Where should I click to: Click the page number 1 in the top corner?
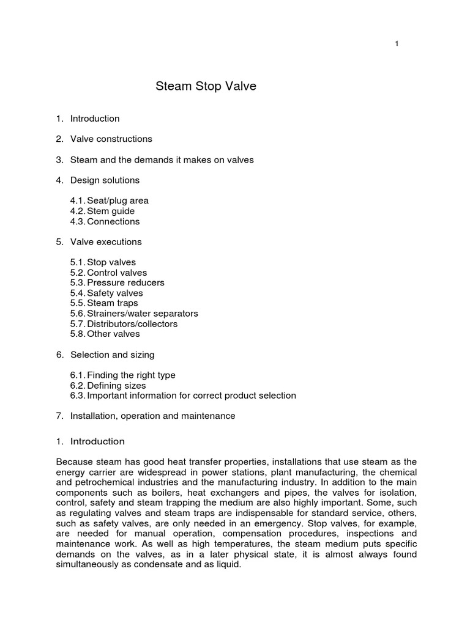397,43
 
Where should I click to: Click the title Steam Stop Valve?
206,87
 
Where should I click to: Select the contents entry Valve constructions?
111,139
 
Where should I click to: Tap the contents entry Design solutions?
105,180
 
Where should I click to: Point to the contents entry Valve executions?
106,241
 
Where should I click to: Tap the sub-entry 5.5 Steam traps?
104,303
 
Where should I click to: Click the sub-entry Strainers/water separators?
134,314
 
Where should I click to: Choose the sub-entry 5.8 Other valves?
105,334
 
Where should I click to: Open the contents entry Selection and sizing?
112,355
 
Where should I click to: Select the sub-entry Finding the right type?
123,375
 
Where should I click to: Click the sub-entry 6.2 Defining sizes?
108,386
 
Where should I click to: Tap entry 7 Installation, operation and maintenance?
152,416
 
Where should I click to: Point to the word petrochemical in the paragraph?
103,482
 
